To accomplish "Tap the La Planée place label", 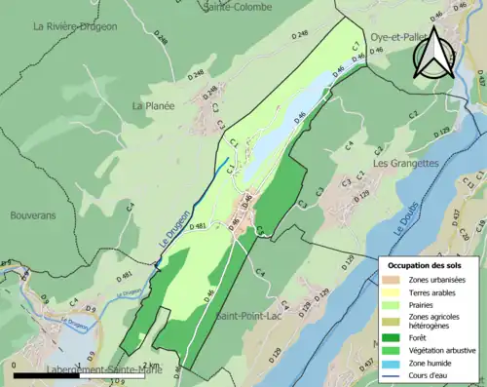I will coord(153,105).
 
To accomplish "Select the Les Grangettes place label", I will coord(405,163).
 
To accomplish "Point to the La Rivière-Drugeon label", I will coord(75,26).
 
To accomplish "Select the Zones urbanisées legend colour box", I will coord(393,280).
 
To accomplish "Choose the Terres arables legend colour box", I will coord(393,292).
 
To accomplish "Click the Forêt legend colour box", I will coord(393,338).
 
